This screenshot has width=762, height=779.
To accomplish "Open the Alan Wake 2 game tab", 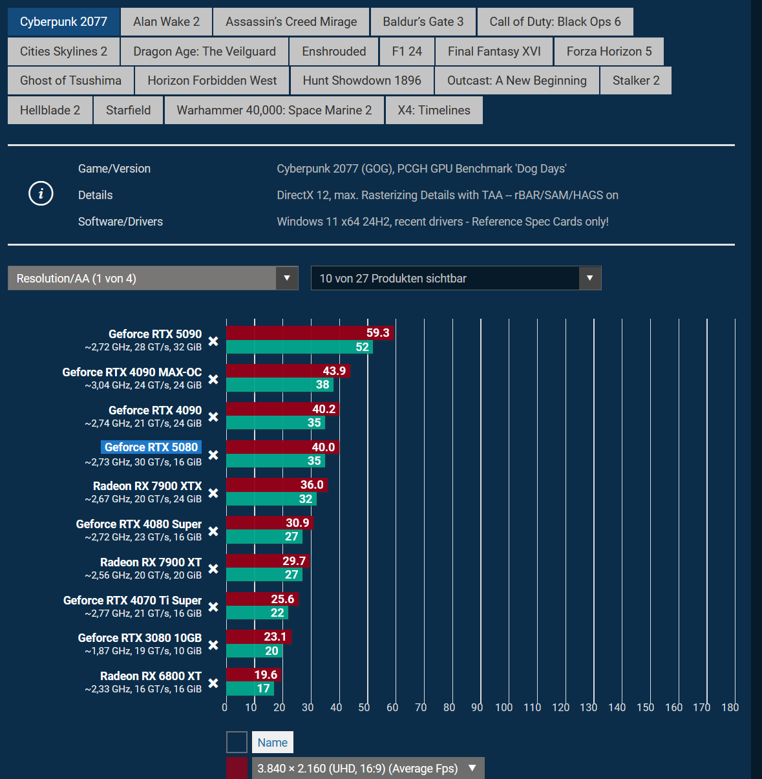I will tap(166, 22).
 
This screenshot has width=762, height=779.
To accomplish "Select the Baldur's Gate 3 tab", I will tap(423, 22).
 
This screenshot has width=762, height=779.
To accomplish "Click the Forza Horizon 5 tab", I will tap(609, 52).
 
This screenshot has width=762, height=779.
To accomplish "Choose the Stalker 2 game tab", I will tap(636, 81).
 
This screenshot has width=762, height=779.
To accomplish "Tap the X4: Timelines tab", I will tap(434, 111).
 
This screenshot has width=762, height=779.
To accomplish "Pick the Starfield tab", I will tap(128, 111).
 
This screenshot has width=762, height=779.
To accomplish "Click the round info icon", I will tap(41, 193).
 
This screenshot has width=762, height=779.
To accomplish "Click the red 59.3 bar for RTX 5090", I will tap(310, 333).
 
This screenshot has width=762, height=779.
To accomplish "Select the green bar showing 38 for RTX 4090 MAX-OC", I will tap(279, 385).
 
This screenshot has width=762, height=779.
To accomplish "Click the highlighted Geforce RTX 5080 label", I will tap(151, 447).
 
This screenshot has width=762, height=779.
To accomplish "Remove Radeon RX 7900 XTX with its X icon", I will tap(213, 493).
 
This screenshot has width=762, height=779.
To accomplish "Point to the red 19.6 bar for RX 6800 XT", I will tap(253, 675).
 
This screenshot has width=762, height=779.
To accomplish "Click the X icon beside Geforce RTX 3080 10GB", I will tap(213, 645).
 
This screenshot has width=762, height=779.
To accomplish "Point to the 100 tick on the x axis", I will tap(503, 707).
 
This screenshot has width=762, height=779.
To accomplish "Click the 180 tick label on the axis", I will tap(730, 707).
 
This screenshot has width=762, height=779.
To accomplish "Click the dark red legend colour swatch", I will tap(237, 769).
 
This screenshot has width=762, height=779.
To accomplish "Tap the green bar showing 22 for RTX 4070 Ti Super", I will tap(257, 613).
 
